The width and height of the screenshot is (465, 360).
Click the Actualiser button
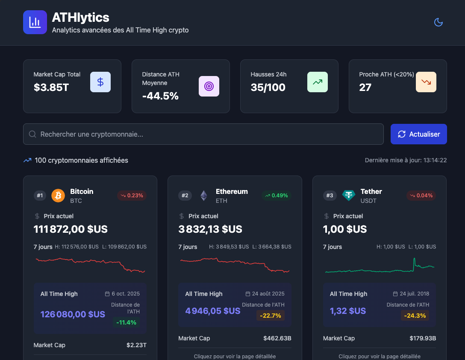pos(418,134)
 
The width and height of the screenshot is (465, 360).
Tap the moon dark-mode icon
pos(438,22)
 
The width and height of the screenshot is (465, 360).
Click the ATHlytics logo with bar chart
pos(35,22)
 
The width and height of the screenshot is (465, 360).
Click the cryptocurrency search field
pos(203,134)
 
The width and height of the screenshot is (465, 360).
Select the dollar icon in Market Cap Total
pos(100,82)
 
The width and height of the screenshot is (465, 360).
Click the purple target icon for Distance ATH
pos(209,86)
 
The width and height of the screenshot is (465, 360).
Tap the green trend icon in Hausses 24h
pos(318,82)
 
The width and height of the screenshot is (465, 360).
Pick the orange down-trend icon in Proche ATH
pos(426,82)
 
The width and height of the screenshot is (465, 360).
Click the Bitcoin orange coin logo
pos(58,196)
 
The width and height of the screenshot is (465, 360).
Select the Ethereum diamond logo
pos(203,196)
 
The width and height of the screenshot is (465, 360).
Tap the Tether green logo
pos(348,196)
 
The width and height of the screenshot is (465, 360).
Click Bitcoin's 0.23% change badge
pos(132,196)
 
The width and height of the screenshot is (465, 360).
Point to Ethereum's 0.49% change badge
pos(277,196)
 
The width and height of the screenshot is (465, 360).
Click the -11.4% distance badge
pos(126,322)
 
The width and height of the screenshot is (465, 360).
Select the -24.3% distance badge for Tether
pos(415,316)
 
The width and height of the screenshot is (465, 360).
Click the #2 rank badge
pos(185,196)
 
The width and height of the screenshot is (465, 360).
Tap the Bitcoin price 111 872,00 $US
pos(71,229)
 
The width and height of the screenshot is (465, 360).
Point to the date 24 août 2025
pos(265,294)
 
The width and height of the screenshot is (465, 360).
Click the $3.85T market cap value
pos(51,88)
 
